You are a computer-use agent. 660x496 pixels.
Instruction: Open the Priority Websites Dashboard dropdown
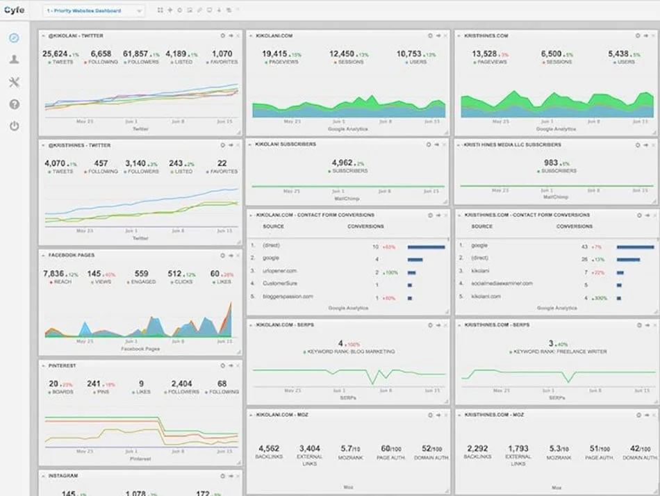[94, 10]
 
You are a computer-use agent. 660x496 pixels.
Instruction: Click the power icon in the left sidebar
[14, 126]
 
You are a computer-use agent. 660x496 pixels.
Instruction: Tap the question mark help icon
[14, 104]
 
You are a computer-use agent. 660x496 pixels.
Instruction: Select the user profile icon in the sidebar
[14, 60]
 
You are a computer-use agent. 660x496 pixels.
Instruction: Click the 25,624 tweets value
[56, 53]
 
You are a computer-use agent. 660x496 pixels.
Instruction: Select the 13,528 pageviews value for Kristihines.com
[484, 53]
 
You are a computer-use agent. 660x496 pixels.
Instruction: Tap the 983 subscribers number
[551, 163]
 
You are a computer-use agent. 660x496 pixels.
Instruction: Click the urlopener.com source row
[280, 271]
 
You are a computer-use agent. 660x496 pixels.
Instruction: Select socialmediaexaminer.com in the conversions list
[502, 283]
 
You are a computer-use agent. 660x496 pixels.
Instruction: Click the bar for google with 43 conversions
[635, 247]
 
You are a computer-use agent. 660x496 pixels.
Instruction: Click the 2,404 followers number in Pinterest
[181, 383]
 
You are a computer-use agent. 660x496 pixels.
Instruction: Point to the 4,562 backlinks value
[268, 448]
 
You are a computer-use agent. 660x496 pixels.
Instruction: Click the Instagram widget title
[63, 476]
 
